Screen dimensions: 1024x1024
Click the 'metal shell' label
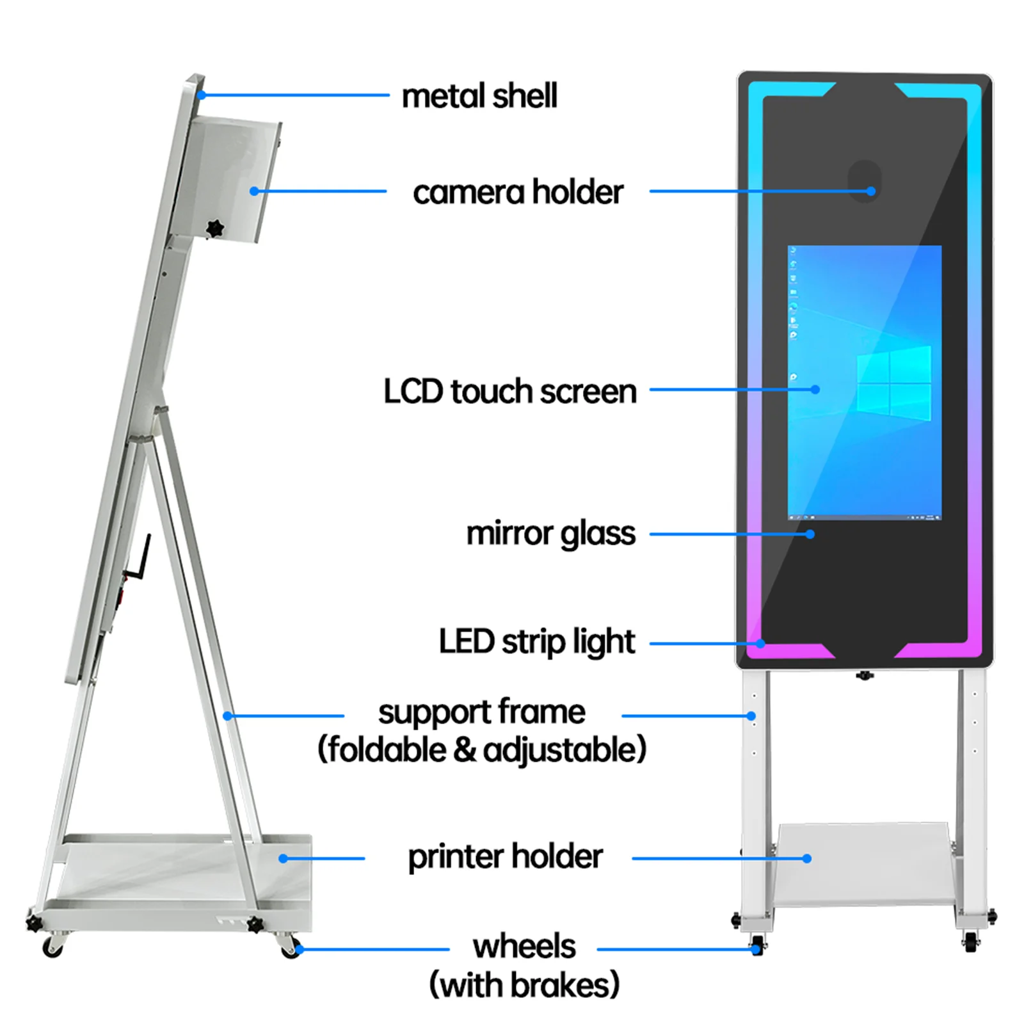tap(479, 96)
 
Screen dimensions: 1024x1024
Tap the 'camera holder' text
tap(518, 192)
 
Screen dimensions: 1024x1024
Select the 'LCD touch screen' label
tap(510, 391)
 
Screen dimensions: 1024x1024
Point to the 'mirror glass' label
tap(550, 534)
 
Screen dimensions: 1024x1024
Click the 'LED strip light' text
tap(536, 642)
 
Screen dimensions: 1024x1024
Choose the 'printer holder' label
tap(505, 857)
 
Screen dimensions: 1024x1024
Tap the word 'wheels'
tap(524, 946)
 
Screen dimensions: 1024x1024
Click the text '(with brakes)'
tap(524, 984)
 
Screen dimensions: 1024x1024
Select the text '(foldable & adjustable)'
tap(482, 749)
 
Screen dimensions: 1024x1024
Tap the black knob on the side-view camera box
tap(215, 228)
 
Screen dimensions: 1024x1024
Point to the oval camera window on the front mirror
tap(864, 180)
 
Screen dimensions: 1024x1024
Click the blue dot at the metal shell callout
tap(201, 95)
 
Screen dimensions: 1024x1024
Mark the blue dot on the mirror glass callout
tap(810, 534)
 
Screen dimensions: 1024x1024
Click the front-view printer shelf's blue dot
tap(807, 858)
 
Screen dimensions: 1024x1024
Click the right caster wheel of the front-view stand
tap(970, 941)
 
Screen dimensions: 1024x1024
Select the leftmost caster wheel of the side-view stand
tap(52, 947)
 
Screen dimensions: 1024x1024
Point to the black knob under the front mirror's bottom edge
tap(865, 675)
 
